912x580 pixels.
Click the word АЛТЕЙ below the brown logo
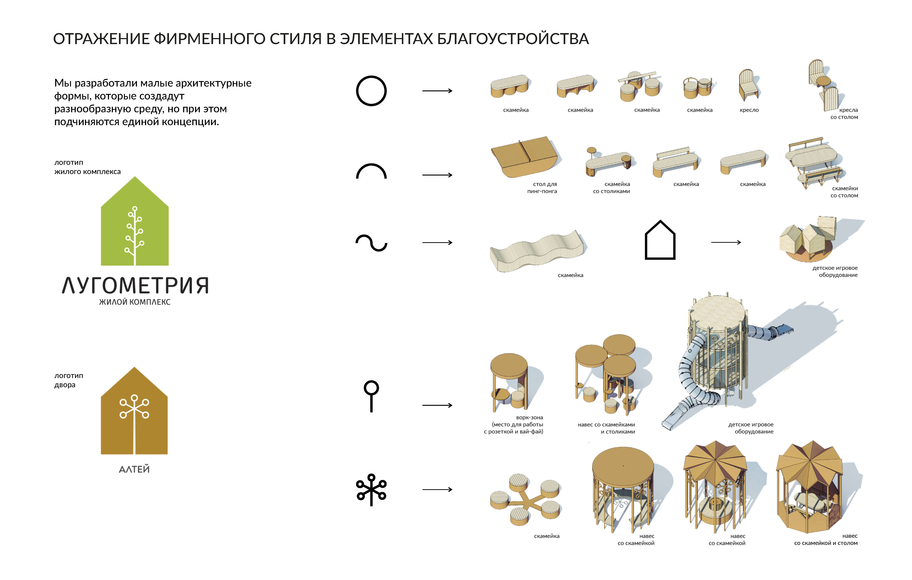(134, 469)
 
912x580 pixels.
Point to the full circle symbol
(371, 91)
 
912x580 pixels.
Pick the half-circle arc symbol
(371, 171)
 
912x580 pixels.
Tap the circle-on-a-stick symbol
(371, 396)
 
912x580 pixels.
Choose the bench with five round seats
(526, 500)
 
